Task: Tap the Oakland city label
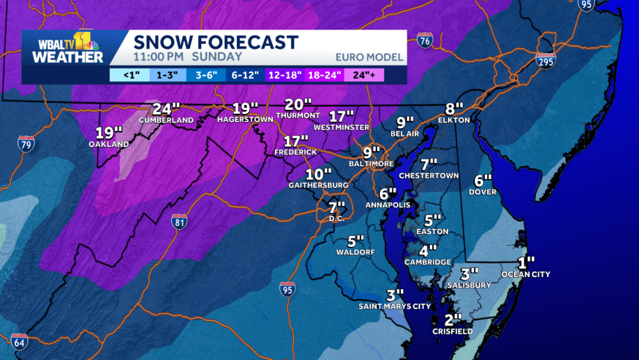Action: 109,145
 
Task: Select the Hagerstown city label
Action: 245,119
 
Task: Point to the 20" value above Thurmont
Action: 298,104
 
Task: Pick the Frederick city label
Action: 295,153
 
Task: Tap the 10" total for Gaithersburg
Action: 318,174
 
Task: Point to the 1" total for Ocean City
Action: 526,263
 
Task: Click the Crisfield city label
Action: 453,331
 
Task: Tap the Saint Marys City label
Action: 394,306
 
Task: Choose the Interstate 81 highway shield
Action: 180,222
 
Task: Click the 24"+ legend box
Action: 364,75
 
